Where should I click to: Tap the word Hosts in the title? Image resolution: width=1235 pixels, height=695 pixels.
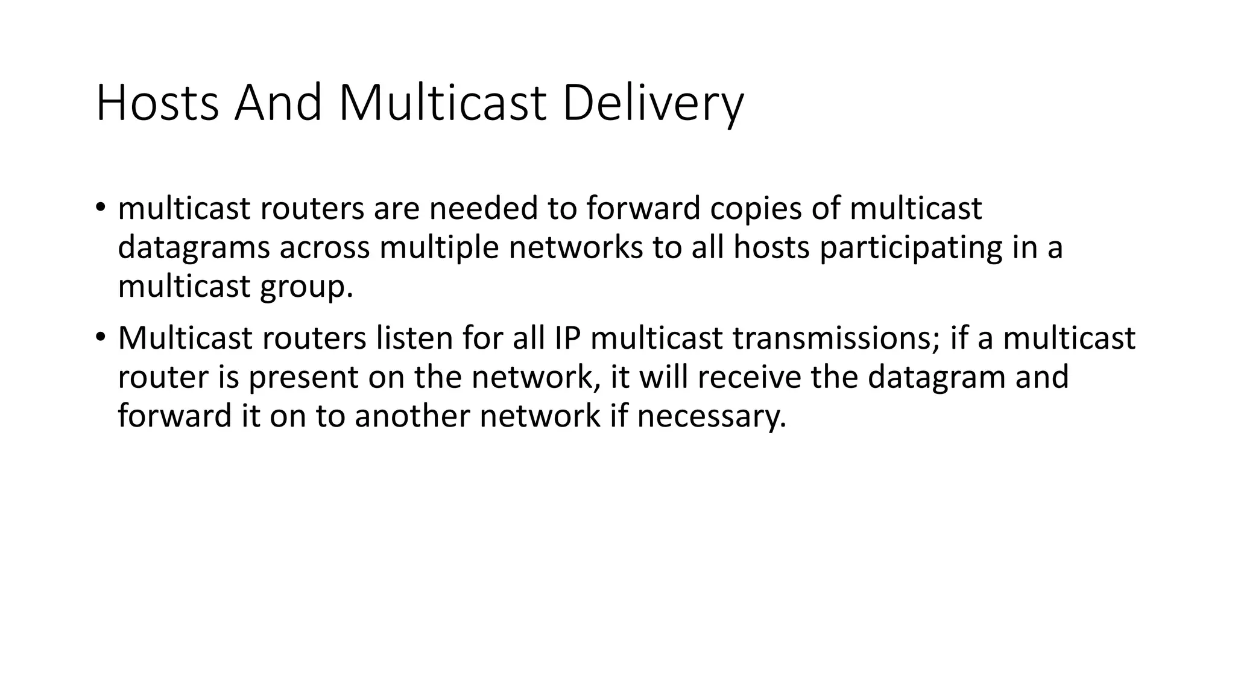157,104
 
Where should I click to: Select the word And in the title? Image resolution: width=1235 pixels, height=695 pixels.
278,104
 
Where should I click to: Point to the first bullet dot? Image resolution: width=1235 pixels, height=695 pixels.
100,209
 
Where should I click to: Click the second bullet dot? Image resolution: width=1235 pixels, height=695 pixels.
100,338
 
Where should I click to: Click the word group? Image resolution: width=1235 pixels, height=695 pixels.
306,287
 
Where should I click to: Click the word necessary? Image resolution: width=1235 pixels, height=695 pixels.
712,416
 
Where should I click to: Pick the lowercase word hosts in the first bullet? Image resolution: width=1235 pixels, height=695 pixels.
771,247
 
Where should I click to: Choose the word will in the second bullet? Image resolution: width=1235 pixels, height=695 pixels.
664,377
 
